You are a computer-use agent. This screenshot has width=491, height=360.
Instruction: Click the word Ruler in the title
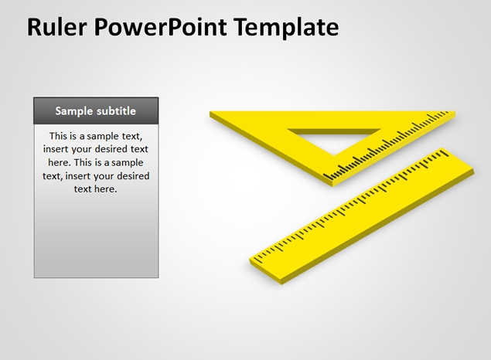pyautogui.click(x=56, y=27)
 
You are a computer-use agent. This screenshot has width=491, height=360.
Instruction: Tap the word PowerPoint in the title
pyautogui.click(x=160, y=27)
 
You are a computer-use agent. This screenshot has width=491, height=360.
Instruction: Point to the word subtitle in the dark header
pyautogui.click(x=116, y=111)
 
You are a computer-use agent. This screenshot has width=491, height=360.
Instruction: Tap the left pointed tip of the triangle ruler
pyautogui.click(x=210, y=112)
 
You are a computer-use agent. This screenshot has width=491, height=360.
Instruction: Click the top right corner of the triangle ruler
pyautogui.click(x=454, y=112)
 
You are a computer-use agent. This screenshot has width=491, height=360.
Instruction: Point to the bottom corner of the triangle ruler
pyautogui.click(x=332, y=185)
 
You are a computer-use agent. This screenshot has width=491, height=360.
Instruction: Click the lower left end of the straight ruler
pyautogui.click(x=251, y=260)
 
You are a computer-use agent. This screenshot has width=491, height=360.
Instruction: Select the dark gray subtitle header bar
pyautogui.click(x=96, y=110)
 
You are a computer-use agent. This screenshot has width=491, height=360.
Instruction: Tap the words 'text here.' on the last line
pyautogui.click(x=96, y=189)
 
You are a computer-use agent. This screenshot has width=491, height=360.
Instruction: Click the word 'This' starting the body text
pyautogui.click(x=58, y=136)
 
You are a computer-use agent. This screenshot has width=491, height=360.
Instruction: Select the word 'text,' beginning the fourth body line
pyautogui.click(x=53, y=176)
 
